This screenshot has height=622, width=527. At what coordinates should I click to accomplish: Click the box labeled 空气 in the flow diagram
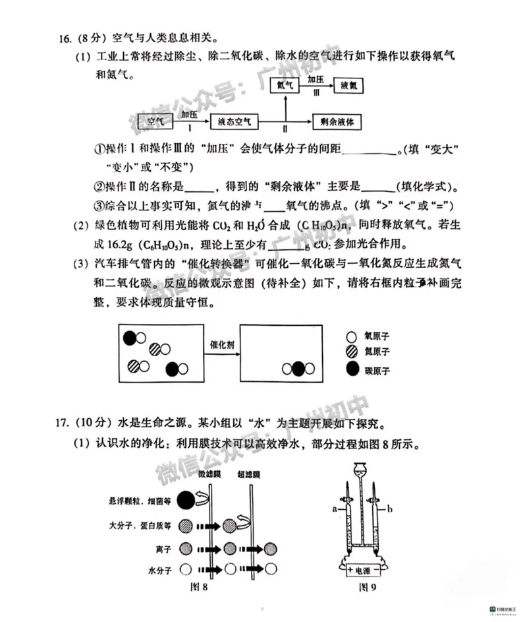(x=155, y=121)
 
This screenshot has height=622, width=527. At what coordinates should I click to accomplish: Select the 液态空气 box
(x=235, y=121)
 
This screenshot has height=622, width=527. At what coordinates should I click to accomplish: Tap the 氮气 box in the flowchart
(x=286, y=85)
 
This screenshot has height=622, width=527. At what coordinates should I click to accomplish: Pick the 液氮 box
(x=348, y=85)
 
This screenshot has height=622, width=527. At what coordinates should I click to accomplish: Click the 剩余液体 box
(x=334, y=121)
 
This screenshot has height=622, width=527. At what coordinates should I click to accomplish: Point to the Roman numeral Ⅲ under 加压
(x=316, y=94)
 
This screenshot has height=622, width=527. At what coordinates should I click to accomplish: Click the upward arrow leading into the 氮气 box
(x=286, y=106)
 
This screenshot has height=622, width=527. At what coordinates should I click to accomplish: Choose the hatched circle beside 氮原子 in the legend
(x=352, y=352)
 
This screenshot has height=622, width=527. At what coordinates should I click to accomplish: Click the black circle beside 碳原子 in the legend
(x=352, y=369)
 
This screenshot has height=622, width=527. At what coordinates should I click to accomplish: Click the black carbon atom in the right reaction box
(x=298, y=369)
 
